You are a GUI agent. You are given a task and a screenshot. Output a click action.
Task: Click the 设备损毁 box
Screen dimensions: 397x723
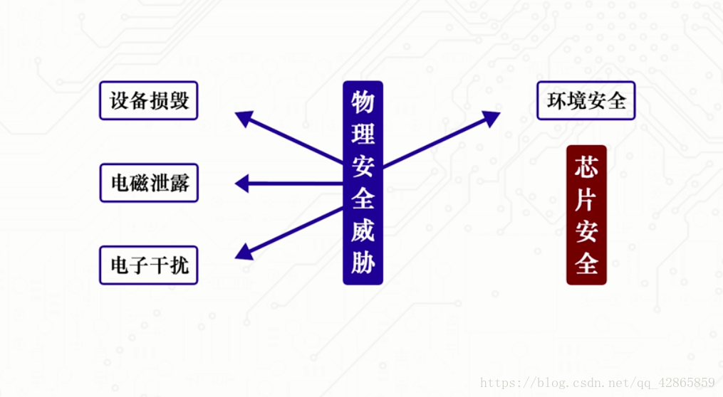click(148, 100)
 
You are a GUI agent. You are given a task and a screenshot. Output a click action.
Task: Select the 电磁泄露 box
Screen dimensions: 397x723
click(148, 183)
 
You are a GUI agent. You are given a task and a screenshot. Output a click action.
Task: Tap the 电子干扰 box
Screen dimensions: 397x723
click(148, 265)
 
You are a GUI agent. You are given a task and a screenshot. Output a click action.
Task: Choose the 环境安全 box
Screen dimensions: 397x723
click(586, 100)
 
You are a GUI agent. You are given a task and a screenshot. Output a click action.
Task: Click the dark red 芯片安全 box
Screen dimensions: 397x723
click(586, 215)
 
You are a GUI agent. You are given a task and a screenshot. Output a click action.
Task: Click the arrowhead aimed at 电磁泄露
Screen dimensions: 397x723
click(241, 184)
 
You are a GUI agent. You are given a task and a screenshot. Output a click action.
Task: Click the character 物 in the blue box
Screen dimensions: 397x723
click(363, 102)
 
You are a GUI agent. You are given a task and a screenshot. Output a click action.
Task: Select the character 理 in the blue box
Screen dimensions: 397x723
click(363, 133)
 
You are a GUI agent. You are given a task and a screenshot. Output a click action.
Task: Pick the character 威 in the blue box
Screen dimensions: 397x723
click(363, 231)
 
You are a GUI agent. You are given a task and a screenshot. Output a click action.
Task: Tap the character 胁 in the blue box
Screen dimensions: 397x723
click(363, 263)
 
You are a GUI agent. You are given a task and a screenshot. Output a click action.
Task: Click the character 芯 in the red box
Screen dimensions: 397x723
click(586, 168)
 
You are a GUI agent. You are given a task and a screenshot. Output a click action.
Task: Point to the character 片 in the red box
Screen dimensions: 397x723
click(586, 200)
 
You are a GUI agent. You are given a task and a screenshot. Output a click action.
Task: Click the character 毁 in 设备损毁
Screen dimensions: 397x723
click(180, 100)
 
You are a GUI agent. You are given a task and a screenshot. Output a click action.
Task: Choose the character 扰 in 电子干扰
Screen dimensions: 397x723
click(180, 265)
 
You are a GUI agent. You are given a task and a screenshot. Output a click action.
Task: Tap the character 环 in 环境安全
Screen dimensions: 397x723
click(556, 100)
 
